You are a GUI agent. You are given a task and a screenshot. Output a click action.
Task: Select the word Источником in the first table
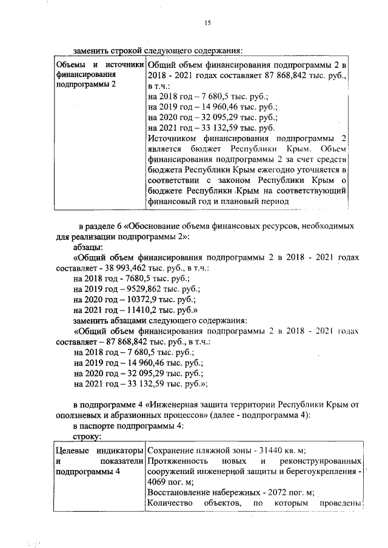(x=175, y=139)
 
